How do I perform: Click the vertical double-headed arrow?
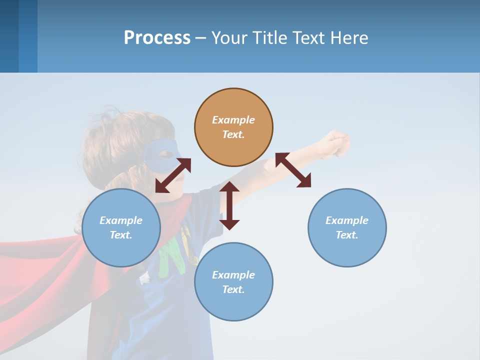[229, 205]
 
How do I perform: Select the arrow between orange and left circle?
[173, 175]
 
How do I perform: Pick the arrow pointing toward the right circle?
[293, 170]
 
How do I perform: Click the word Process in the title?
[157, 37]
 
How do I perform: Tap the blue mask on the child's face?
[162, 153]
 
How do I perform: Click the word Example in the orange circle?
[233, 120]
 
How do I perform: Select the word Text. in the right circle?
[347, 235]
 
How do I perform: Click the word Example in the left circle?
[121, 220]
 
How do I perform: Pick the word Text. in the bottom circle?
[233, 289]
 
